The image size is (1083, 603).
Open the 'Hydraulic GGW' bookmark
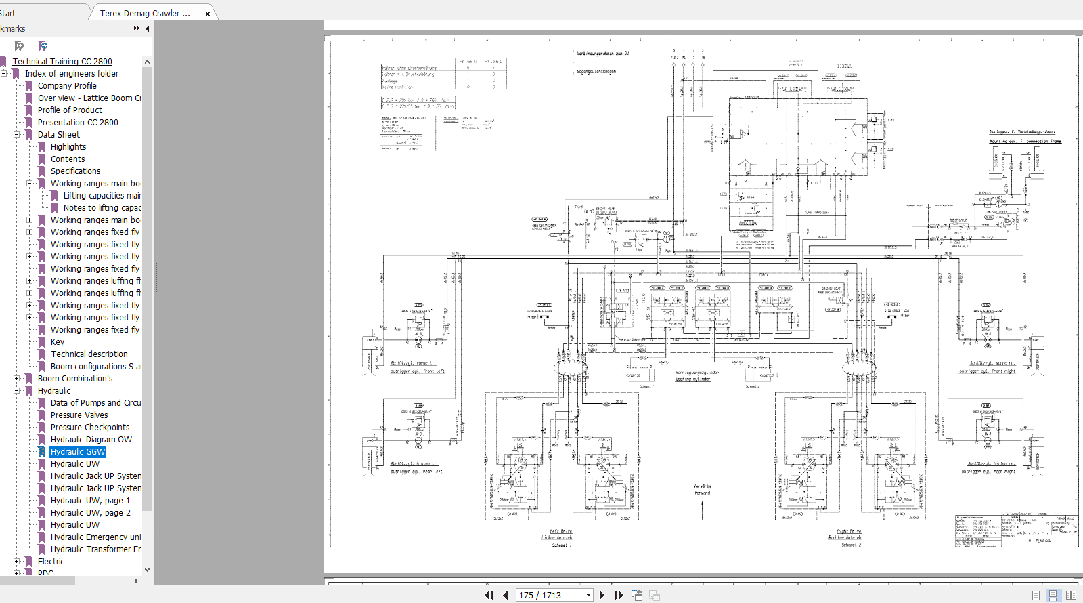pos(78,452)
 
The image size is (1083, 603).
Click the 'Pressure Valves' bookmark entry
pos(79,415)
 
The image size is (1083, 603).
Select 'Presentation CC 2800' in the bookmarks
pos(78,123)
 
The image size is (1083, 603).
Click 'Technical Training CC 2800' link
pos(62,62)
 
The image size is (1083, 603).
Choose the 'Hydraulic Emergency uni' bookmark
pos(95,537)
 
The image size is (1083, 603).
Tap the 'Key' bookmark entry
pos(58,342)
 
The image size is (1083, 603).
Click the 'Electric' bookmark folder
pos(51,562)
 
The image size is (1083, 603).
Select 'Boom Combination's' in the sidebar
pos(75,379)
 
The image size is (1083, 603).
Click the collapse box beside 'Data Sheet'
pos(17,135)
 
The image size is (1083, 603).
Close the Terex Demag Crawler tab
pos(208,14)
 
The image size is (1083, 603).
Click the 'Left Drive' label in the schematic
pos(560,531)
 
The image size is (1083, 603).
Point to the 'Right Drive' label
pos(849,531)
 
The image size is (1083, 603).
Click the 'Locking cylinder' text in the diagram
pos(693,379)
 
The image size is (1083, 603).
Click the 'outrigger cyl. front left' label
pos(418,371)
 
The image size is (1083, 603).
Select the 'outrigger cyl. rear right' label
pos(988,472)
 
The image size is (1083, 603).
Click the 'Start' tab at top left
pos(8,13)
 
